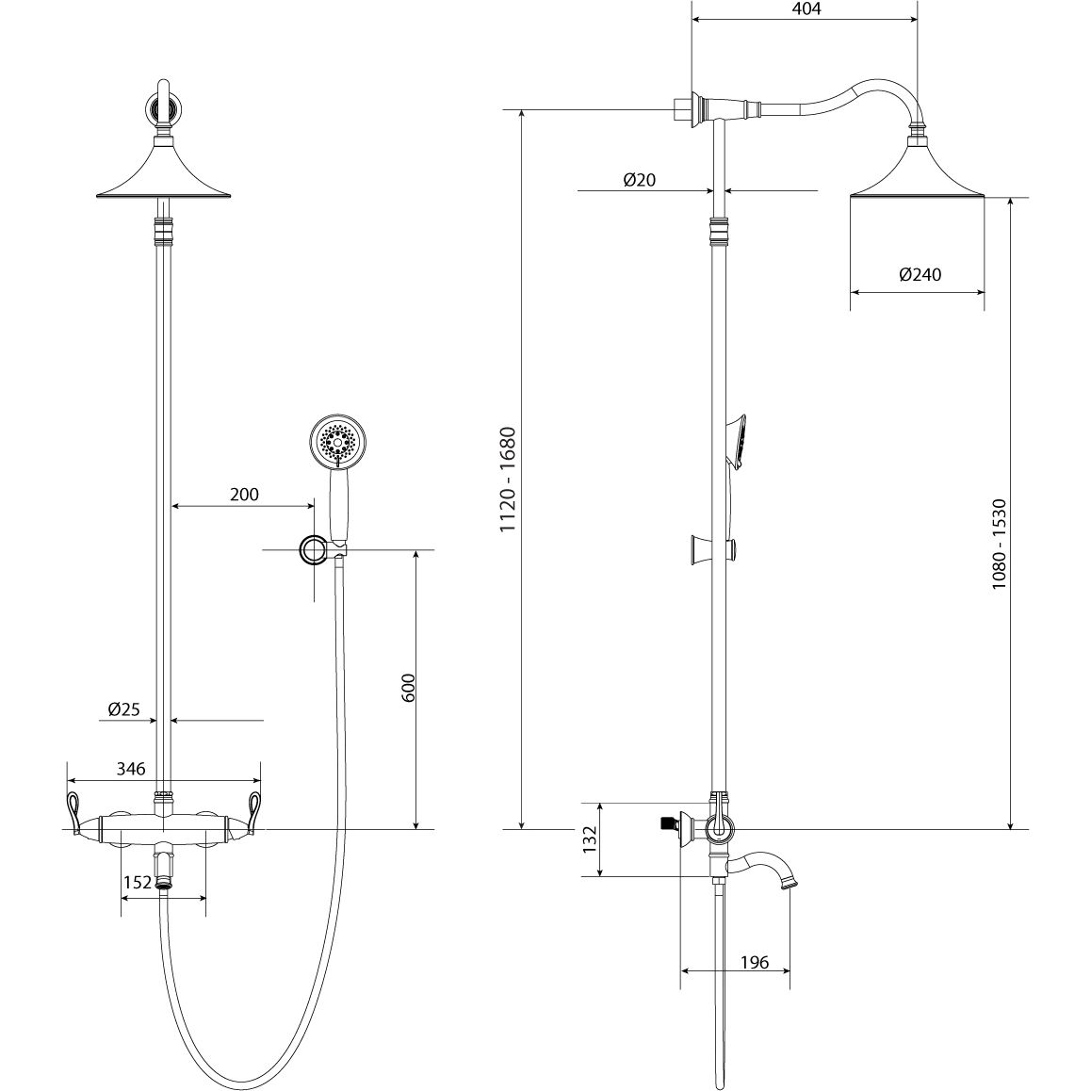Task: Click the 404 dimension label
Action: click(806, 9)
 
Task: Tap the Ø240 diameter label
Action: click(920, 275)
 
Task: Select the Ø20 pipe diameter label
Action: click(640, 180)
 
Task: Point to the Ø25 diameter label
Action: click(123, 709)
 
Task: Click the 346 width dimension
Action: click(131, 769)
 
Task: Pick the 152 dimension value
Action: click(137, 882)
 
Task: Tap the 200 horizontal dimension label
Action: click(244, 495)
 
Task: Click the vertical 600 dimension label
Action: click(409, 688)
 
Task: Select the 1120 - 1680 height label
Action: click(509, 480)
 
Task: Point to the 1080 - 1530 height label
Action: click(1000, 544)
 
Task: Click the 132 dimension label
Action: click(591, 839)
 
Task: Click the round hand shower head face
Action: click(336, 441)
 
